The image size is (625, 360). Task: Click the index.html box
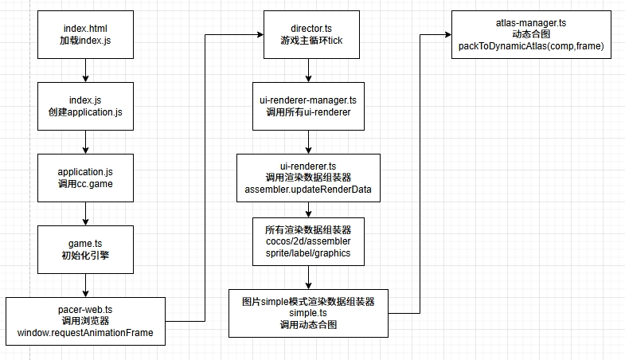(x=85, y=33)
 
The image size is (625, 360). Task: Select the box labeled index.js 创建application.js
(x=85, y=105)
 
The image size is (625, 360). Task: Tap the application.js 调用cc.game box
(x=85, y=177)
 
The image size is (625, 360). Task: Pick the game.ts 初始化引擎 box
(x=85, y=248)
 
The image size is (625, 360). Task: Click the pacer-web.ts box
(x=86, y=320)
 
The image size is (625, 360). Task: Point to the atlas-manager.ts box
(x=531, y=33)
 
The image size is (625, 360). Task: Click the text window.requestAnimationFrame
(x=86, y=332)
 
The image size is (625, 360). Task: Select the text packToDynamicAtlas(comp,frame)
(x=531, y=47)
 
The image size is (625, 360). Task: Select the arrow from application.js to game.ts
(x=85, y=212)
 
